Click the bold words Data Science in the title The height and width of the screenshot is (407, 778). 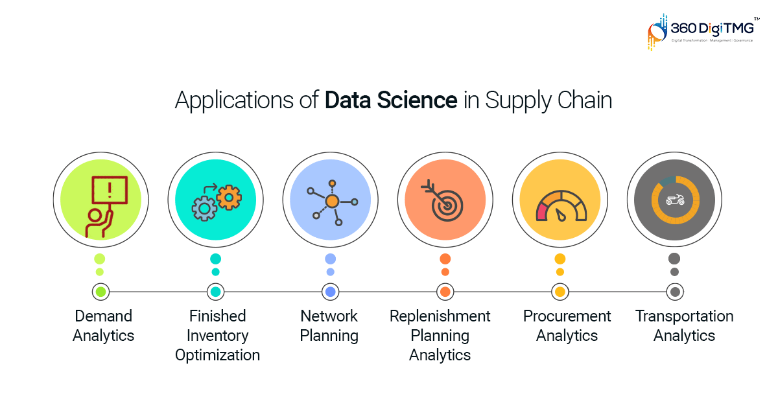[x=390, y=101]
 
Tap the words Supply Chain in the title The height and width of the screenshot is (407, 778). [x=548, y=102]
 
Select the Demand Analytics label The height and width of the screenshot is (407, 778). [x=103, y=326]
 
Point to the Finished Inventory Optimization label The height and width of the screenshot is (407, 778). [x=217, y=336]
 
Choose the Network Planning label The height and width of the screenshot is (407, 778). [x=329, y=326]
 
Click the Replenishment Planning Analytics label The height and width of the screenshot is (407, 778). [x=440, y=336]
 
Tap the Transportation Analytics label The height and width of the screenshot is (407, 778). [x=684, y=326]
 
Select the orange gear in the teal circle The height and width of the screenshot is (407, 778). [x=229, y=196]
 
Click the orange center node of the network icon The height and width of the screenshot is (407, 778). [x=332, y=202]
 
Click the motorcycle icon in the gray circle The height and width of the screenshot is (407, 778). [x=675, y=200]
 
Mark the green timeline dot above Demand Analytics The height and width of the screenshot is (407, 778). [x=100, y=292]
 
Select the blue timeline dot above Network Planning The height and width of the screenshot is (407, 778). [x=330, y=292]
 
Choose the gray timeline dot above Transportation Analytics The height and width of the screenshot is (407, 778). [x=675, y=292]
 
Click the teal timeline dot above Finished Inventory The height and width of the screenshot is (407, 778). [x=215, y=292]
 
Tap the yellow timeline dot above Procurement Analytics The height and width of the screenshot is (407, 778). [x=560, y=292]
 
